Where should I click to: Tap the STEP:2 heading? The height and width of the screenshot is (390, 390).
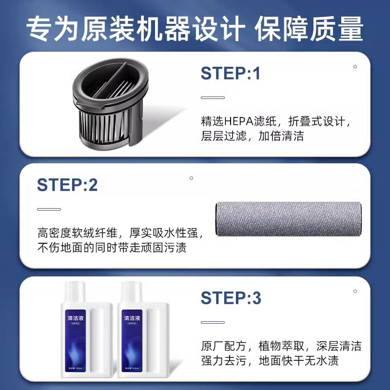click(67, 185)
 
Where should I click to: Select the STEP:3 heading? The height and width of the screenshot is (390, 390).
click(231, 297)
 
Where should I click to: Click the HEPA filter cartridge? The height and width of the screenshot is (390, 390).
click(112, 104)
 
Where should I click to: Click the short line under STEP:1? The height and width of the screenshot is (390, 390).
click(213, 97)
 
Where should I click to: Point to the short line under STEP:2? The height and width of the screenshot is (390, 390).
click(49, 210)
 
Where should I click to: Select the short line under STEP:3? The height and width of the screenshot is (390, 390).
click(213, 322)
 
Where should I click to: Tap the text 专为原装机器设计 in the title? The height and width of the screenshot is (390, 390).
click(135, 30)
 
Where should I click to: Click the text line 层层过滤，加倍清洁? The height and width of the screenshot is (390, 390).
click(252, 136)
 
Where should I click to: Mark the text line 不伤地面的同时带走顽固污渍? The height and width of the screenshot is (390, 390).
click(112, 248)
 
